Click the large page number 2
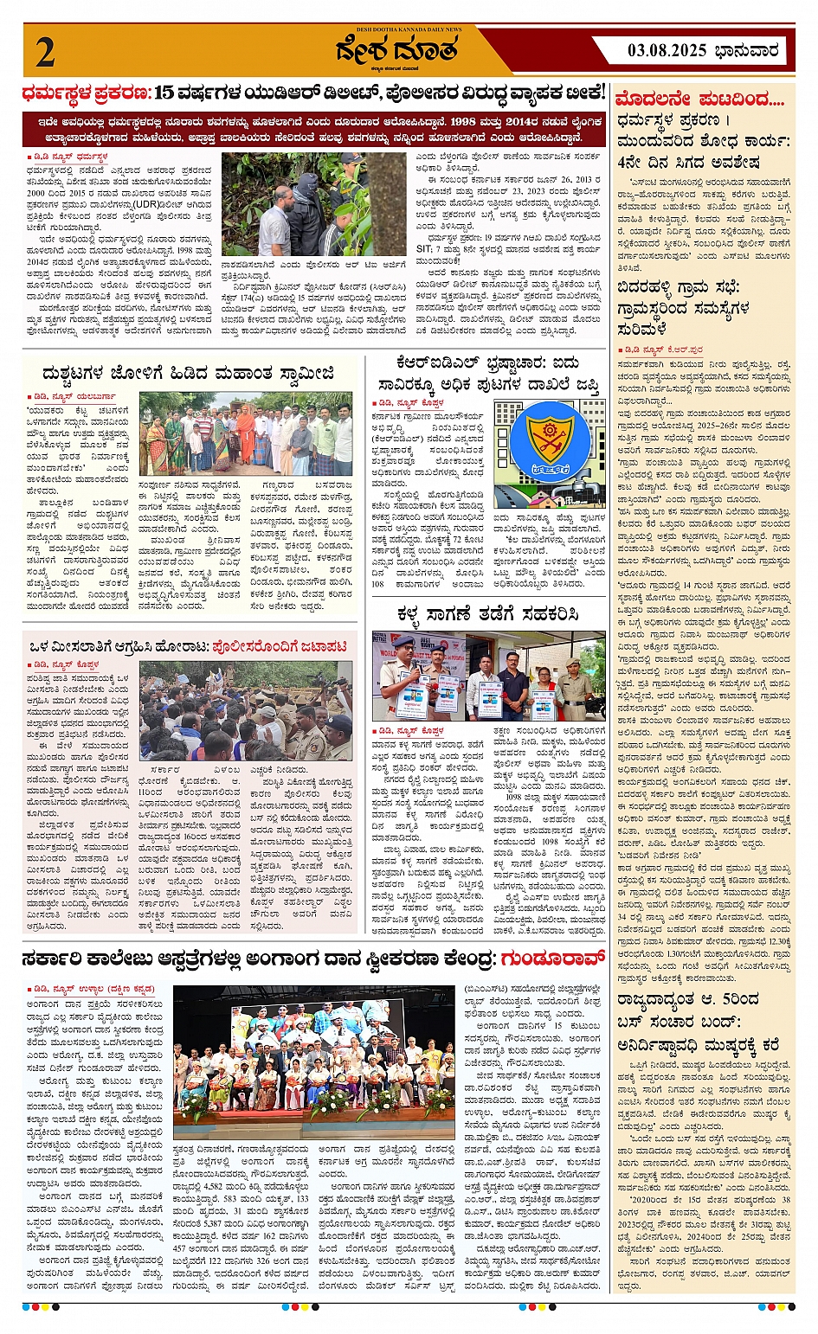click(45, 53)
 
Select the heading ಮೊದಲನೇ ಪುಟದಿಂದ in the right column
click(700, 99)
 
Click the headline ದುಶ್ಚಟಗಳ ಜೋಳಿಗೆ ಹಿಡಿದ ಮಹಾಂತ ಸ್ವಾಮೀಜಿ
click(188, 374)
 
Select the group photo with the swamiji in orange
click(246, 433)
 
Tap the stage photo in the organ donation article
click(313, 1061)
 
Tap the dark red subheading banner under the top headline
click(315, 130)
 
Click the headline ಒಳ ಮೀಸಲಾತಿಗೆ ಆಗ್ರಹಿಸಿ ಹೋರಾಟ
click(188, 645)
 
